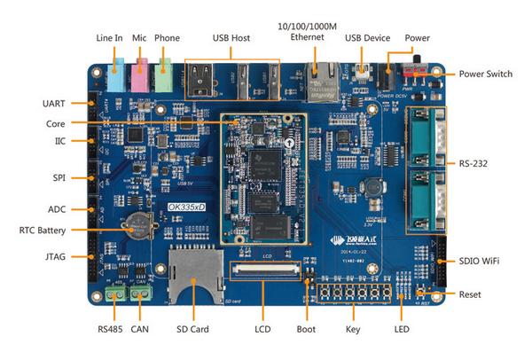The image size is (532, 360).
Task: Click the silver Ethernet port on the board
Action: point(317,81)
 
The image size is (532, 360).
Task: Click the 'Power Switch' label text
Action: point(486,74)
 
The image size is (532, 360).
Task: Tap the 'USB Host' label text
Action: point(232,38)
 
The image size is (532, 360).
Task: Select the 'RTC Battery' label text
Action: point(40,231)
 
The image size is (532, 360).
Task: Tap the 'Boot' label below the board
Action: point(307,330)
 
